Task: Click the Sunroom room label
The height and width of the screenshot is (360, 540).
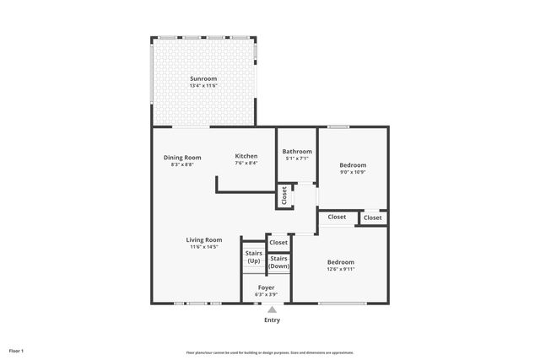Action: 203,78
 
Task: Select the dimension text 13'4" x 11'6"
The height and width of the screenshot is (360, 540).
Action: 203,86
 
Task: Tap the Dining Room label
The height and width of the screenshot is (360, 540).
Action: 182,157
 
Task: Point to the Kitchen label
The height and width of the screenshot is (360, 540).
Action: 246,157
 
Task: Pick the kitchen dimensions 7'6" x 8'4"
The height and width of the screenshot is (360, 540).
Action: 246,164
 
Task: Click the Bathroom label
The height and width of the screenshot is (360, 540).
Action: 297,152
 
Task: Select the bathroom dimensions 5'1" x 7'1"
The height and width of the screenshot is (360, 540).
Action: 297,159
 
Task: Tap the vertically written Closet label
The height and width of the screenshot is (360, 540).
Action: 284,196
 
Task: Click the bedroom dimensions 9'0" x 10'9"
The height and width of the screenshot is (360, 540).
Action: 353,172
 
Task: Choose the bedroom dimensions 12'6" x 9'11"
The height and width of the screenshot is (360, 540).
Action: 341,270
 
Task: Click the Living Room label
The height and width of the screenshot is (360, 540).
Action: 204,239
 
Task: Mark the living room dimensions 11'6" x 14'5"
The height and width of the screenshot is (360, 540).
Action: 204,247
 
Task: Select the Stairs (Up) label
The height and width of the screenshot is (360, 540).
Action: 253,257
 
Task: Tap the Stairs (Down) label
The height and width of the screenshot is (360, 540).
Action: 279,262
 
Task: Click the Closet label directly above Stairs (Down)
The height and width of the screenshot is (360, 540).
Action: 278,243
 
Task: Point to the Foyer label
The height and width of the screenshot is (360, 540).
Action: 267,287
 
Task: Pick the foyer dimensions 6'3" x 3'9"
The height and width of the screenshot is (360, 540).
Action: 267,295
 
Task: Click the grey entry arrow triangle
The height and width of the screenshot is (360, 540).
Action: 272,309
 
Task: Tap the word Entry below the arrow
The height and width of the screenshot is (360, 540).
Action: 272,320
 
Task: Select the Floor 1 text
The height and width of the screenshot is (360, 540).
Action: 17,350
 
